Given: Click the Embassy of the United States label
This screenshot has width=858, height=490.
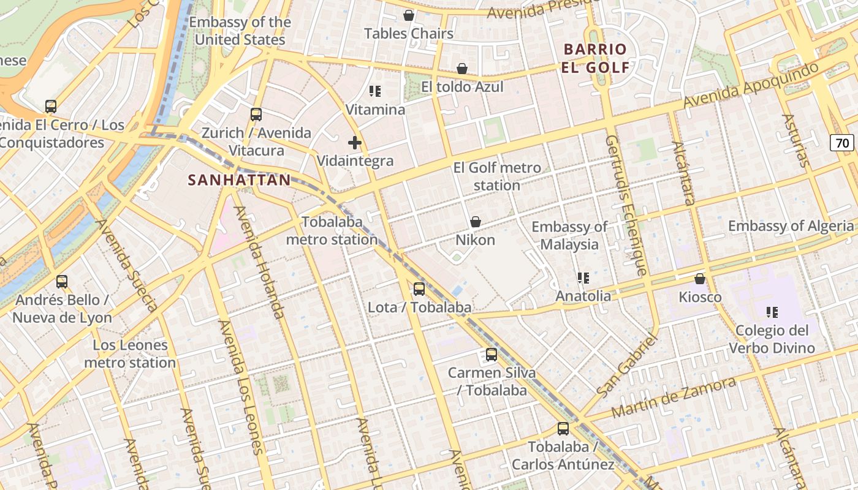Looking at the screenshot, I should [240, 31].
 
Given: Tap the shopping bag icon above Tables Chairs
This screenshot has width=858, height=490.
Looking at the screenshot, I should [409, 15].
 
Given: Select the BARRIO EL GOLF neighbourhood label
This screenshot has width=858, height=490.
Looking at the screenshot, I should [595, 58].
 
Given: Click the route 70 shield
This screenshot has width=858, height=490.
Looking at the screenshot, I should [843, 143].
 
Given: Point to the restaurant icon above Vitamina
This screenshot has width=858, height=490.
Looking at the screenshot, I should [375, 92].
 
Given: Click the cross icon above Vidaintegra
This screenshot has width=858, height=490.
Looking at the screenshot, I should [355, 143].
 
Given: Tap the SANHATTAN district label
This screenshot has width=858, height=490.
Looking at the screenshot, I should [239, 180].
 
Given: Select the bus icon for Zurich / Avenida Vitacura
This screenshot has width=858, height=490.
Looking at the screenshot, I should [256, 115].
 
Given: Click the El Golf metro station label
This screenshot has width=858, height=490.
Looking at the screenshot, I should [497, 176].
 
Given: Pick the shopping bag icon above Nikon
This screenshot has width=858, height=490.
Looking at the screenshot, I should [476, 222].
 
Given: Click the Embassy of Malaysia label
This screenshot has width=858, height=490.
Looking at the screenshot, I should [569, 235].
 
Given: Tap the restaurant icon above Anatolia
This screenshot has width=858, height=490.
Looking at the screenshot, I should [583, 278].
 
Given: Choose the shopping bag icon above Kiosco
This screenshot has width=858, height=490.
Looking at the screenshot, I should [700, 279].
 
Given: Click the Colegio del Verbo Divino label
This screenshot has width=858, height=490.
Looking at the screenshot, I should [772, 339].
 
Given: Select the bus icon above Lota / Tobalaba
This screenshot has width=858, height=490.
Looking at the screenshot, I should [419, 289].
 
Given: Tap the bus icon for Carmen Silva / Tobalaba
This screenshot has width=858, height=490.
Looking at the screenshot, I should [492, 355].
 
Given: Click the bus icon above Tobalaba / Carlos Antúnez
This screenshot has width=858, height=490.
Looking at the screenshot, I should [563, 429].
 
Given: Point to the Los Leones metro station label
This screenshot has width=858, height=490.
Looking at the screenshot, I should [130, 354].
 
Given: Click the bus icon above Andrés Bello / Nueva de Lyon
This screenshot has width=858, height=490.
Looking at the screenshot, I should [62, 282].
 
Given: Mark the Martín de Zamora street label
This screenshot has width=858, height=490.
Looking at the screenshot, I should [674, 398].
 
